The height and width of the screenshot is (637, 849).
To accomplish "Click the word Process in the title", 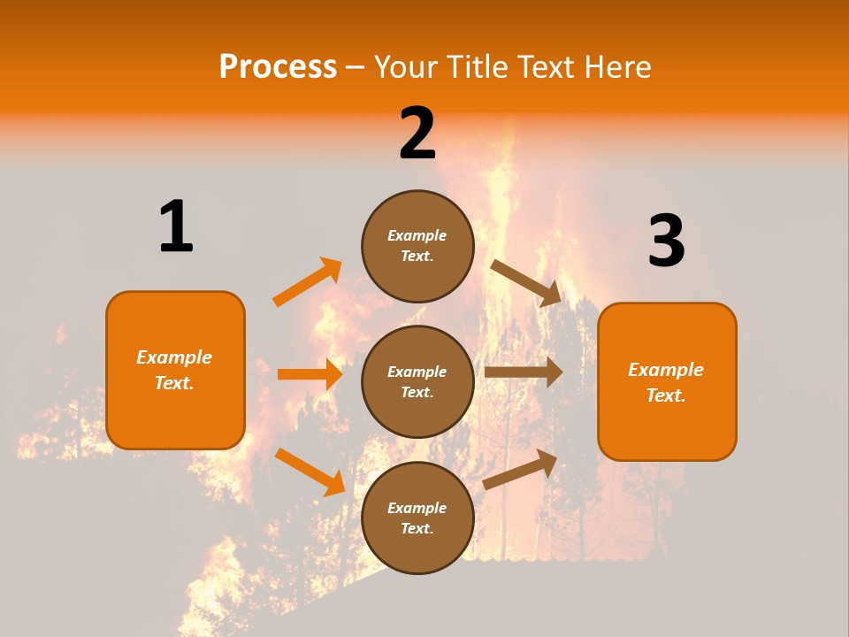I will point(278,67).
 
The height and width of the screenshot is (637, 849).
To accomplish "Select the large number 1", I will point(176,226).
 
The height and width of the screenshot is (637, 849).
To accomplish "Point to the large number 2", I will point(417,134).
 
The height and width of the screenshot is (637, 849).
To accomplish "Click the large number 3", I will point(667,241).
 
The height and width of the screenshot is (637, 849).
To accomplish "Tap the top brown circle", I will point(417,246).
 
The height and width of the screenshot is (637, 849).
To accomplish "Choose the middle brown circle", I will point(417,381).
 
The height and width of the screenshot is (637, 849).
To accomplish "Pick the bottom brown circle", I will point(417,518).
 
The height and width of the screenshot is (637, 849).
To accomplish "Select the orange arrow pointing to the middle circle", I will point(310,374).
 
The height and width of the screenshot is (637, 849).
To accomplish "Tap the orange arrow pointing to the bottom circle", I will point(310,472).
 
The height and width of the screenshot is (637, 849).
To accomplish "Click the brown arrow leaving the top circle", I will point(527,283).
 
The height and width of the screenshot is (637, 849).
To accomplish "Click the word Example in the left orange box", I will point(174,357).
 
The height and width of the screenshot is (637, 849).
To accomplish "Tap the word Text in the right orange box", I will point(664,395).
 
